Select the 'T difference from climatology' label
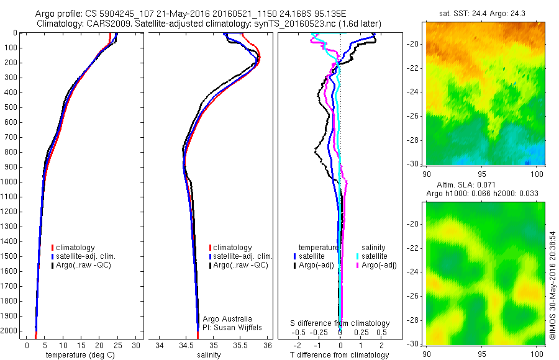click(x=339, y=355)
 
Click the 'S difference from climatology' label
click(x=340, y=323)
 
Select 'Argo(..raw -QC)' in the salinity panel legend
click(x=240, y=265)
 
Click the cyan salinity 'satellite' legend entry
click(x=375, y=256)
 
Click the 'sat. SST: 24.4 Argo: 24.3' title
click(x=485, y=12)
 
